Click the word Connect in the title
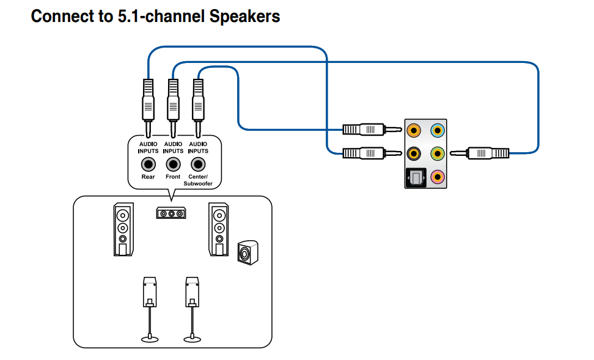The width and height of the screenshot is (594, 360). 57,17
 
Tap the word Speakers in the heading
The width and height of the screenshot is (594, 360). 244,17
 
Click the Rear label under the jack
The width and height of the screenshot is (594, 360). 148,177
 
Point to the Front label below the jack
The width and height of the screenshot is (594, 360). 173,177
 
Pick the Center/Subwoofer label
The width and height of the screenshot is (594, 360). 197,180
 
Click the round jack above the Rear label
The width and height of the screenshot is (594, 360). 148,164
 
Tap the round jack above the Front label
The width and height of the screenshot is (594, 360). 173,164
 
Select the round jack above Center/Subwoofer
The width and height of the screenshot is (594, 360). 197,164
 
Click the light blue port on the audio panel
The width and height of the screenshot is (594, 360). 437,130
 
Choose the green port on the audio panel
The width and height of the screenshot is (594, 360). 437,153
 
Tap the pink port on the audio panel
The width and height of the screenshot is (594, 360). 437,177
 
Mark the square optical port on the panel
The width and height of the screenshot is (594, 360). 414,178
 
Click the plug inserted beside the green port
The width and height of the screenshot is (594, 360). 486,153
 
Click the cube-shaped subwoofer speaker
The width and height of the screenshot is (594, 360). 248,253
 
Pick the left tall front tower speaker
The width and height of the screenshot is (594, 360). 123,229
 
